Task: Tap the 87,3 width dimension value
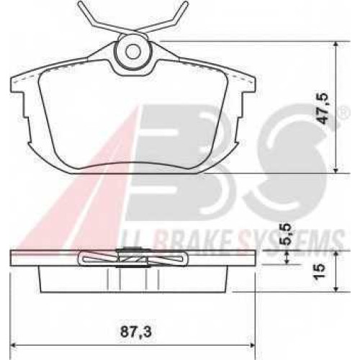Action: point(135,332)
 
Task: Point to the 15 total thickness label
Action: point(320,271)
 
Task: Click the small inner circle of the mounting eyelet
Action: point(133,52)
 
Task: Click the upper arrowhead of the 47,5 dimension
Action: point(336,45)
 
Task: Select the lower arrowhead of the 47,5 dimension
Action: point(336,170)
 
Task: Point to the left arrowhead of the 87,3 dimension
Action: point(14,346)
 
